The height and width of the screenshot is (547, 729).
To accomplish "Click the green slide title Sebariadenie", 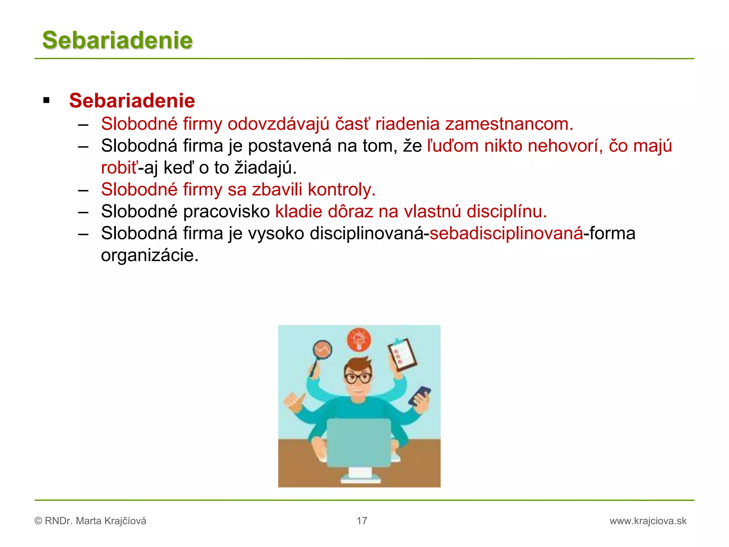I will [x=117, y=40].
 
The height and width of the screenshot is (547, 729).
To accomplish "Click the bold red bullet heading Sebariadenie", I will [x=132, y=101].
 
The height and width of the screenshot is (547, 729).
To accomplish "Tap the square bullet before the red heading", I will [x=46, y=100].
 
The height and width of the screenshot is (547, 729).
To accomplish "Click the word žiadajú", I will [x=265, y=168].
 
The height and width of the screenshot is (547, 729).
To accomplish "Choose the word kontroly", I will [x=341, y=190].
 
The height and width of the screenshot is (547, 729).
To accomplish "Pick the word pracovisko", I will [x=226, y=212].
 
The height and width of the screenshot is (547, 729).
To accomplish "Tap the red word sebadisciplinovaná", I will [x=506, y=234].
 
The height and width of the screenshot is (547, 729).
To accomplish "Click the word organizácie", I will [x=150, y=256].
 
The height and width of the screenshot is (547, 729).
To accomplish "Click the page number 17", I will [x=362, y=521].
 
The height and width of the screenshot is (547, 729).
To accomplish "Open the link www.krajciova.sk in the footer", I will [x=648, y=521].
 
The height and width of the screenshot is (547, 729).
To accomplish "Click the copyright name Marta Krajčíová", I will [x=111, y=521].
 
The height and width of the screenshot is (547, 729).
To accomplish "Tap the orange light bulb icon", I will [x=359, y=339].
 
